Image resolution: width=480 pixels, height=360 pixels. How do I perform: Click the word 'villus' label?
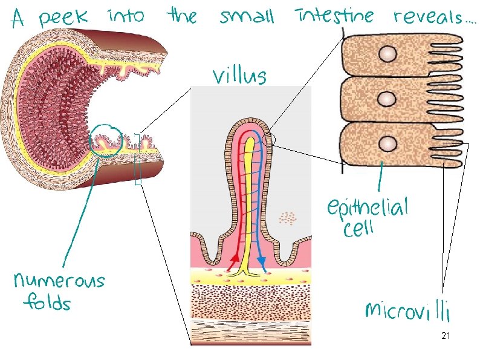[x=239, y=76]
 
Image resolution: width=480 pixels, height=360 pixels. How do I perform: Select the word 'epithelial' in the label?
[x=368, y=209]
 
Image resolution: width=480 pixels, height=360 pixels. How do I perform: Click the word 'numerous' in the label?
[x=59, y=281]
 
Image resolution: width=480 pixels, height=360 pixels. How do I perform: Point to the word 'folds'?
[x=48, y=302]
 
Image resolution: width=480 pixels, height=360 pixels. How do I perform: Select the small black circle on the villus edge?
[x=270, y=140]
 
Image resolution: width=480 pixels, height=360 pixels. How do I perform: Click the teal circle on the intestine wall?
[x=106, y=140]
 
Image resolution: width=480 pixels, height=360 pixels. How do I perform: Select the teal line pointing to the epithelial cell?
[x=380, y=178]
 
